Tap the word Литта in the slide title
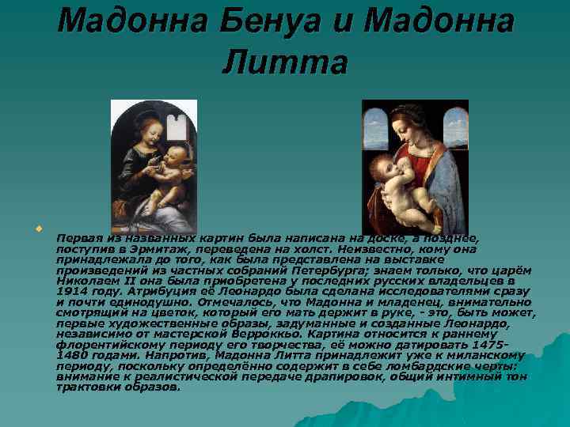[x=284, y=63]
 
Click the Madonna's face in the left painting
[x=146, y=127]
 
